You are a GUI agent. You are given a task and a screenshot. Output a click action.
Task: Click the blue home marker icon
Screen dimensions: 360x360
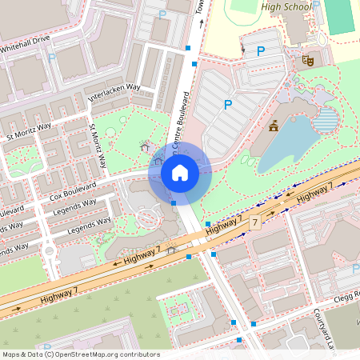coord(180,173)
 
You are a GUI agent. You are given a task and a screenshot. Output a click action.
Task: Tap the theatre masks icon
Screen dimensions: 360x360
coord(307,59)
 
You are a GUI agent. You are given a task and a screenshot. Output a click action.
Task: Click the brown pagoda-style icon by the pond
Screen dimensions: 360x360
coord(274,125)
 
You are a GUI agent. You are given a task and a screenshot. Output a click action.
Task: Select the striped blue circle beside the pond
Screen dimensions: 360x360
coord(326,120)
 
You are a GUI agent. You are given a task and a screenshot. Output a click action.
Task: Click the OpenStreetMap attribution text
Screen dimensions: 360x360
coord(80,354)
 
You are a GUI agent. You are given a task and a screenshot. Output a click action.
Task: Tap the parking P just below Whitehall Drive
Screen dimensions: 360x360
coord(52,58)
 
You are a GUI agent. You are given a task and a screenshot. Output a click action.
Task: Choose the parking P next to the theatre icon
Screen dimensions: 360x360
coord(260,51)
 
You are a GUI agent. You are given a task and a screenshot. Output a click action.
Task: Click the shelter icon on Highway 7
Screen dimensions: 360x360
coord(170,250)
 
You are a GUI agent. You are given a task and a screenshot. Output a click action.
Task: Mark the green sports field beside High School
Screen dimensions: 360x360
coord(339,16)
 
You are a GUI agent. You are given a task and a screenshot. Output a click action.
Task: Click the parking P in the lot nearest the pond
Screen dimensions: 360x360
coord(228,104)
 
